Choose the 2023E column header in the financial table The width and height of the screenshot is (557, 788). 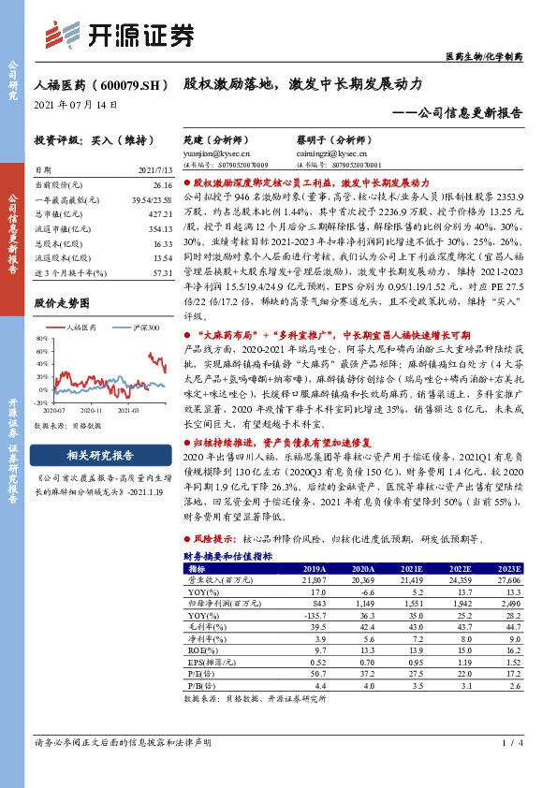tap(508, 568)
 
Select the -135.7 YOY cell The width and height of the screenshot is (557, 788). tap(313, 615)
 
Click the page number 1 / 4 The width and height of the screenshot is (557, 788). tap(507, 743)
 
